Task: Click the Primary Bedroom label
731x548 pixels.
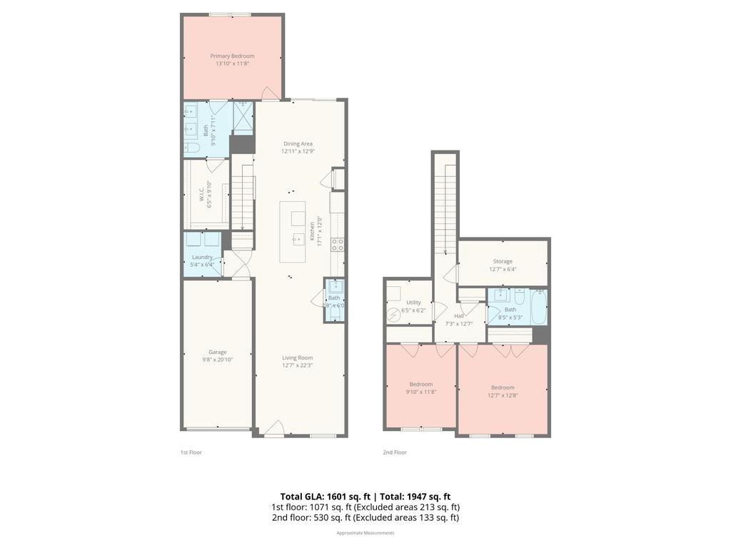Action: point(232,56)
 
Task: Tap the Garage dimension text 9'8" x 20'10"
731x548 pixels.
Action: point(218,360)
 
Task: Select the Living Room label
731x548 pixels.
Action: point(297,357)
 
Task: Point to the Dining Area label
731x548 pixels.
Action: point(298,143)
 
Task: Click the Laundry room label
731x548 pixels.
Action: point(202,257)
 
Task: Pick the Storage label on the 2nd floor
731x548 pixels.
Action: point(503,261)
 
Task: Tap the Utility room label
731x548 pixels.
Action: point(413,303)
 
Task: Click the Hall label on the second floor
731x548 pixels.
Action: point(459,315)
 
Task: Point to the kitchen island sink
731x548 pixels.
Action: point(298,239)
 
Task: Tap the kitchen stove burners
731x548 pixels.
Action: point(338,245)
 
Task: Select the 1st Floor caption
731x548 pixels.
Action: point(191,452)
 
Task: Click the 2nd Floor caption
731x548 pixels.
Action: point(395,452)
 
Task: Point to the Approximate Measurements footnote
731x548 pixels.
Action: point(365,533)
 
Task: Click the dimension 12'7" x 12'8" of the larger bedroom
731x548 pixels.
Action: point(503,396)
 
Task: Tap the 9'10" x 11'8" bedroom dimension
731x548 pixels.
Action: point(420,392)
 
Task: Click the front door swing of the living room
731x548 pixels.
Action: point(274,428)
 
